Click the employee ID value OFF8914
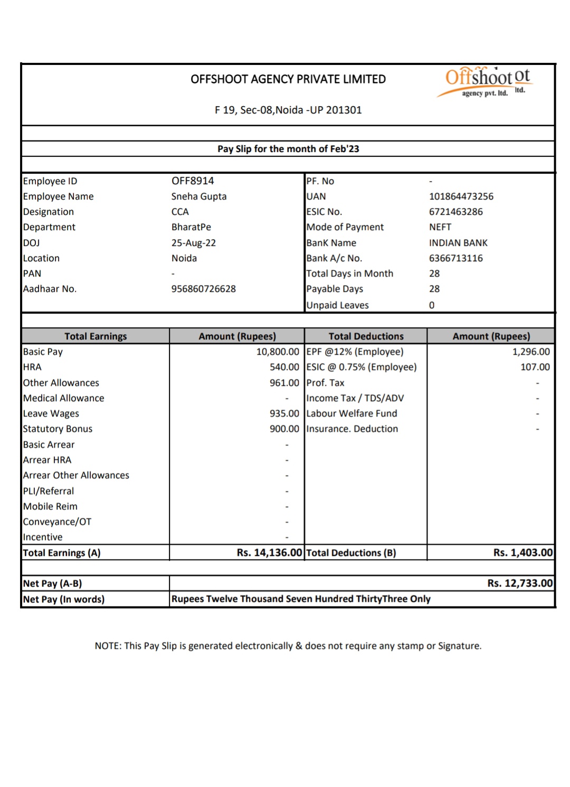pos(193,181)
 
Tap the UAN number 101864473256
pos(461,196)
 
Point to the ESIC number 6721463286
pos(456,212)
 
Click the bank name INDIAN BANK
pos(458,243)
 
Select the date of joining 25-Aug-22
pos(194,243)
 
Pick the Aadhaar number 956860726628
pos(204,289)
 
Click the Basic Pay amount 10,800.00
pos(278,352)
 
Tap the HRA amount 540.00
pos(284,367)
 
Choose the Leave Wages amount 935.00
pos(284,413)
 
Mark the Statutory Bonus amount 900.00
pos(284,429)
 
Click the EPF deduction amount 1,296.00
pos(531,352)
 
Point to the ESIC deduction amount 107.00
pos(535,367)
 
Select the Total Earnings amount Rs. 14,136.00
pos(269,553)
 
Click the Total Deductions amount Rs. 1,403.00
pos(523,553)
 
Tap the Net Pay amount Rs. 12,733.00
pos(520,583)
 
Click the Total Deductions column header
pos(366,336)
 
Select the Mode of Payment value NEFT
pos(440,227)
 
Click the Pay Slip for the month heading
pos(288,149)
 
